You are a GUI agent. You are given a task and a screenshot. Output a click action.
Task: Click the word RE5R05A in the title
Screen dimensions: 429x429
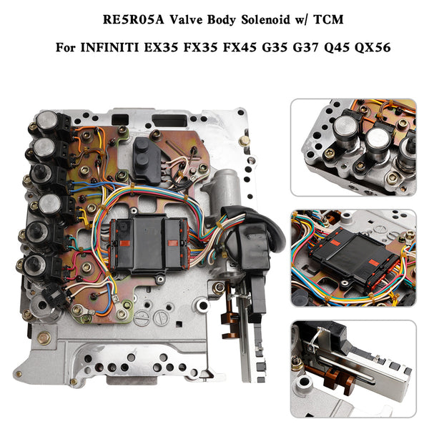pos(134,20)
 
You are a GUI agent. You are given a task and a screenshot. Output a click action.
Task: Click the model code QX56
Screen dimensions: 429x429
pos(373,48)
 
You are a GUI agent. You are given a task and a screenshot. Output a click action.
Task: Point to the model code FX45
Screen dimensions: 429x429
pos(240,48)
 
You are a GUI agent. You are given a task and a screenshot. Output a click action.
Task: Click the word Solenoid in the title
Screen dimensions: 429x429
pos(265,20)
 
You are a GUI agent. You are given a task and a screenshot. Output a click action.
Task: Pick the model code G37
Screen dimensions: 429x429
pos(306,48)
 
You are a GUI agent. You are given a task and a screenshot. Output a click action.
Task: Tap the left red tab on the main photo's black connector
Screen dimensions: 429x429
pos(125,242)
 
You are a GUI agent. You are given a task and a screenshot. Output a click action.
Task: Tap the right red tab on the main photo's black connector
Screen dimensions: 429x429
pos(172,242)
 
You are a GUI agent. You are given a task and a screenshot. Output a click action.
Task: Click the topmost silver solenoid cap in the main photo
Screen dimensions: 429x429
pos(47,120)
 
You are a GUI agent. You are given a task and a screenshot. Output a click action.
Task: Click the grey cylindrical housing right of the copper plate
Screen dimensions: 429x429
pos(226,189)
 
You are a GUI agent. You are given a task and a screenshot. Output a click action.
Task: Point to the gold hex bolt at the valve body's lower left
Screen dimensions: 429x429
pos(44,338)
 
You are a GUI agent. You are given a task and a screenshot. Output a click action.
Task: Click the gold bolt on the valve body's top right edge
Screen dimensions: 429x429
pos(244,141)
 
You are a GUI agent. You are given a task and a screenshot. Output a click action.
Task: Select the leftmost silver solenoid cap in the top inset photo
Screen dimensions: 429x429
pos(345,128)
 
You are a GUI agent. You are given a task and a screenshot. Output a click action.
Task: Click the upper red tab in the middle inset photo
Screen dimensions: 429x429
pos(334,242)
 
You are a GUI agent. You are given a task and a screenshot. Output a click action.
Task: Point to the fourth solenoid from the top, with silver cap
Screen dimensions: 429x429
pos(50,204)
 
